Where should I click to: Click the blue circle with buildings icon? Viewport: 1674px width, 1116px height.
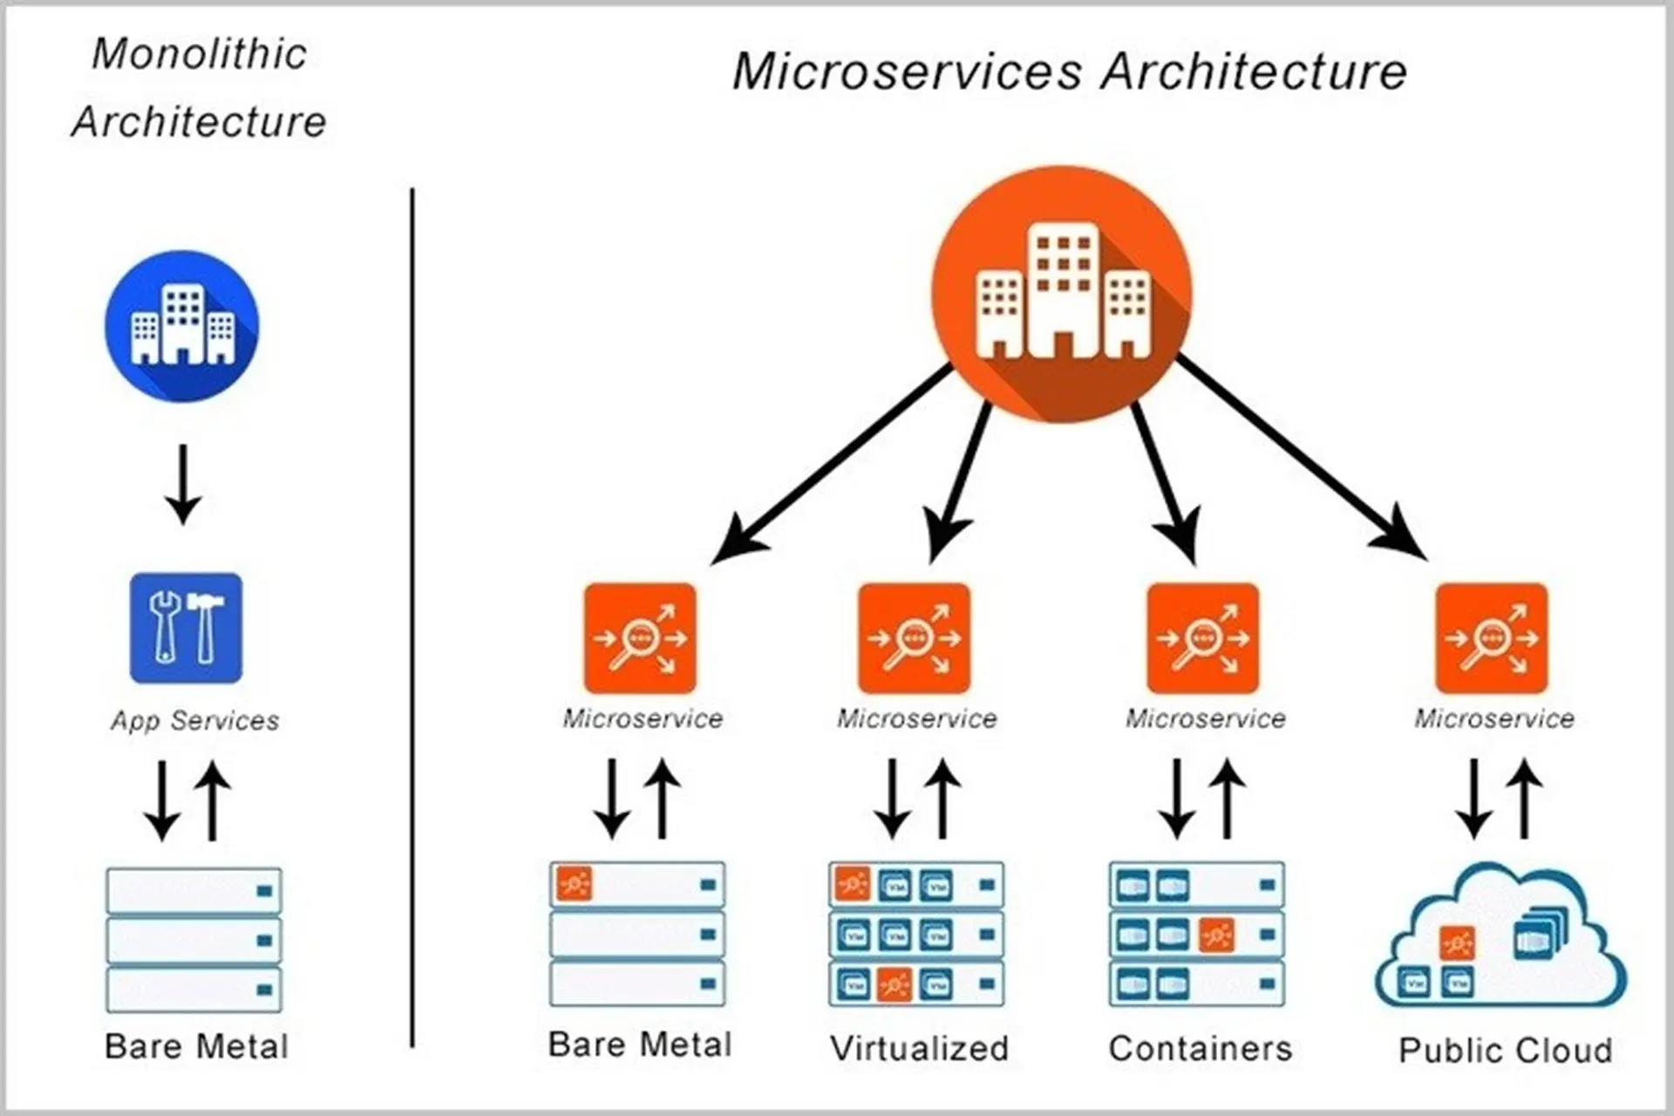tap(181, 325)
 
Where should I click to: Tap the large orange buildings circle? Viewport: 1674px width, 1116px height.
tap(1061, 294)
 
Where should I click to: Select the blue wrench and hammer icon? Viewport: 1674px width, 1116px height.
tap(186, 628)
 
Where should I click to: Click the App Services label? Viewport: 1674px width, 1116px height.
tap(194, 720)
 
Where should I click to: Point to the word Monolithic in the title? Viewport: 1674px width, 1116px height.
tap(200, 54)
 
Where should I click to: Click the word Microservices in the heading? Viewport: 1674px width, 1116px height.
tap(907, 71)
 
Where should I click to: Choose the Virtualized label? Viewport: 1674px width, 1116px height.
tap(919, 1048)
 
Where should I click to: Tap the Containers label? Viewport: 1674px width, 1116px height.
tap(1200, 1048)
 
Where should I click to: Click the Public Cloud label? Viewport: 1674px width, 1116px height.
tap(1505, 1050)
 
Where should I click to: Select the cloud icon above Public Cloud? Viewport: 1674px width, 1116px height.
tap(1500, 937)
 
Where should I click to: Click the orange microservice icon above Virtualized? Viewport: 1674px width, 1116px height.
tap(914, 638)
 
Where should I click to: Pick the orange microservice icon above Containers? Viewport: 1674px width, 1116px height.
tap(1202, 638)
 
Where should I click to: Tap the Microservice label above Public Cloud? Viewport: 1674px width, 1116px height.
tap(1494, 718)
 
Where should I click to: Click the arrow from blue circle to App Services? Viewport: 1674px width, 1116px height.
tap(183, 484)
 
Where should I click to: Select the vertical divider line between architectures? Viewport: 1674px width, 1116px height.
tap(412, 610)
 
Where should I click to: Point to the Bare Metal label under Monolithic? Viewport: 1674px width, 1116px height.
tap(195, 1046)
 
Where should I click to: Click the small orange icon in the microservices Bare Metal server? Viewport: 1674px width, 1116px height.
tap(575, 884)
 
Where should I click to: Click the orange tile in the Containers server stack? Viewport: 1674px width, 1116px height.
tap(1215, 936)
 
